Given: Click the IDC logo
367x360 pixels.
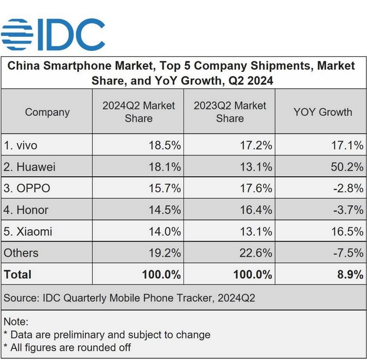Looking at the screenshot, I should click(53, 34).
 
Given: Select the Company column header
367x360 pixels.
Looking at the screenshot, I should click(47, 112).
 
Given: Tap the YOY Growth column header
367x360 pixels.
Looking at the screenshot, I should click(322, 112).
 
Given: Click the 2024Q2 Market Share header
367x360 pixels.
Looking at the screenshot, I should click(138, 112).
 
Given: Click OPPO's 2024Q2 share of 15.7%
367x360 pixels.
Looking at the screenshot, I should click(165, 188).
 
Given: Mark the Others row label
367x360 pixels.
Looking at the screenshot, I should click(21, 253).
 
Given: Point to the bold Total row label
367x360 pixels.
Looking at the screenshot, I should click(18, 274).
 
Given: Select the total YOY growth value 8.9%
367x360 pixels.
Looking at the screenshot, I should click(351, 274).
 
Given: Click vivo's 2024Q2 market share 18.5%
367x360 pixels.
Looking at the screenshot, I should click(165, 145).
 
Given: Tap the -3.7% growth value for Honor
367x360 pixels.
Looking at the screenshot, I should click(348, 210).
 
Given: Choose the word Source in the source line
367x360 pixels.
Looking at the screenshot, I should click(19, 298).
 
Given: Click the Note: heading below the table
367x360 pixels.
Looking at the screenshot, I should click(16, 322).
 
